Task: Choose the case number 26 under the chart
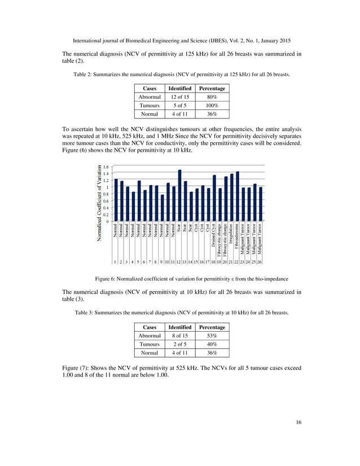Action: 261,262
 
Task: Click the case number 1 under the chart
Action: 116,262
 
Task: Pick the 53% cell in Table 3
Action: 212,336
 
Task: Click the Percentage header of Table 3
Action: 212,327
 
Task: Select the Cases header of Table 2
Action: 150,88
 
